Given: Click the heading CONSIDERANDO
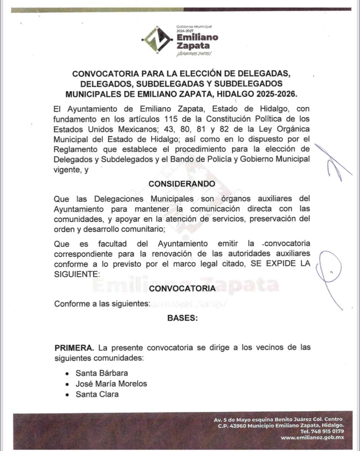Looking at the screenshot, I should click(182, 184).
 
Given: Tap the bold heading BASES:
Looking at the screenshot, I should click(182, 318).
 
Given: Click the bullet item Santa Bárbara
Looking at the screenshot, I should click(101, 373).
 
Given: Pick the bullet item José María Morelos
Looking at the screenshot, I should click(111, 384).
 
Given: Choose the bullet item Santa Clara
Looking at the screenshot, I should click(97, 394).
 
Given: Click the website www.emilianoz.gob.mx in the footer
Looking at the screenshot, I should click(312, 438).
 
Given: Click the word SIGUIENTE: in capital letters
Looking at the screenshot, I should click(77, 274).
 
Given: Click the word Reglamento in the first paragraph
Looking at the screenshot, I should click(75, 149).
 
